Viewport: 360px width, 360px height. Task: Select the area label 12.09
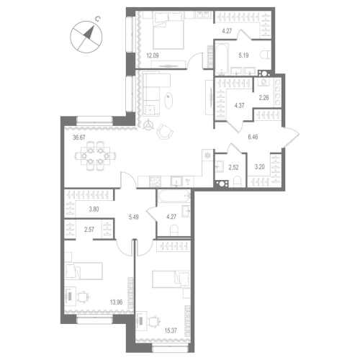coord(153,55)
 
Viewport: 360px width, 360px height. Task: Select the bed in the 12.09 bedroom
coord(173,33)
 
